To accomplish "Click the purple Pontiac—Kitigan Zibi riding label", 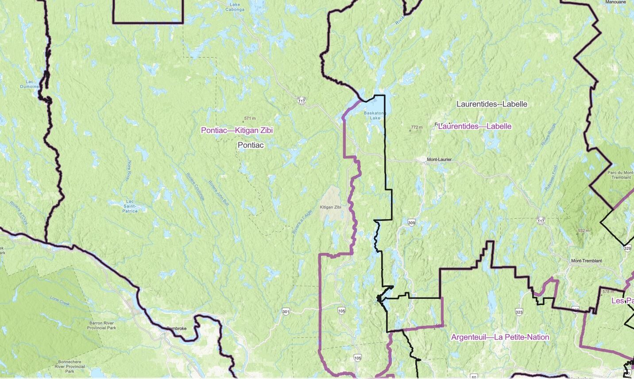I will coord(237,130).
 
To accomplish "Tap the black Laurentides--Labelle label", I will coord(491,104).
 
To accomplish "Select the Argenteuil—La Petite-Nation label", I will coord(500,337).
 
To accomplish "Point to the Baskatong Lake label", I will coord(375,115).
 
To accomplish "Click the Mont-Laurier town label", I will coord(439,159).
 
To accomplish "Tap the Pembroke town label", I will coord(176,329).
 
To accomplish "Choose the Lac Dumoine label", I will coord(29,84).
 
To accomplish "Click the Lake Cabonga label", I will coord(235,7).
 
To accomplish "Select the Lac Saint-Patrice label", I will coord(130,206).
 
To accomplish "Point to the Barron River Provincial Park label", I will coord(101,325).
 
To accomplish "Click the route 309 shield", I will coord(411,223).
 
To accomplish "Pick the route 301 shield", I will coord(286,312).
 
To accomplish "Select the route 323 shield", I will coord(519,312).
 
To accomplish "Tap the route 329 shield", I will coord(627,249).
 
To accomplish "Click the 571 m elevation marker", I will coord(250,119).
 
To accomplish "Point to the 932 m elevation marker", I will coord(583,231).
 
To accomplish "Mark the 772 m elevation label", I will coord(416,128).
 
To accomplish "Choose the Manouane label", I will coord(616,2).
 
